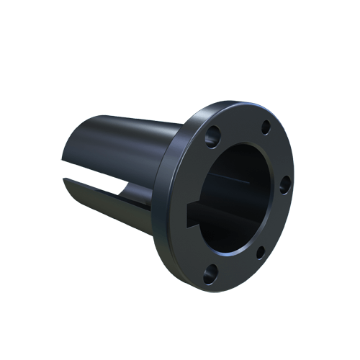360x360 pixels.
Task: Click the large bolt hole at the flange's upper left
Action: (x=213, y=134)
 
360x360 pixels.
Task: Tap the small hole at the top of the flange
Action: (x=266, y=127)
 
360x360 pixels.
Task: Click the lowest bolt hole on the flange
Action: (x=211, y=271)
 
